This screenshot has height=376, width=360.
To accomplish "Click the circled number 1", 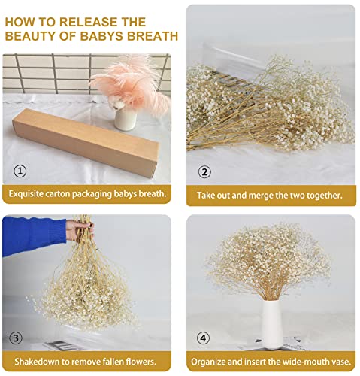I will pos(20,170).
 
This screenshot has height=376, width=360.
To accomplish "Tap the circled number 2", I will pos(204,171).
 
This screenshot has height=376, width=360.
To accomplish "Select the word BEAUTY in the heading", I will pos(35,35).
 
